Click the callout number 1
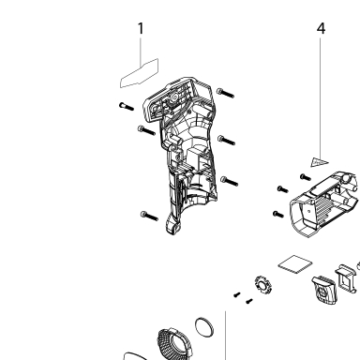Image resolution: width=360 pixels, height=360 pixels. point(141,28)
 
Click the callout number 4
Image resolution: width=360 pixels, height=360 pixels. point(321,28)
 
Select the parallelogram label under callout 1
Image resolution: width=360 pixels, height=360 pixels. point(140,73)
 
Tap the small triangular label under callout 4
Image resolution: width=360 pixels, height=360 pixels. point(319,162)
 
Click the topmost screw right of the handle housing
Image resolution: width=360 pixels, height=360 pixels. point(225,93)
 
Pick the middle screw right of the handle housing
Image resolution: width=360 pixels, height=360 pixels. point(226,141)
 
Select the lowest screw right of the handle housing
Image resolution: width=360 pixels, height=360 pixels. point(230,181)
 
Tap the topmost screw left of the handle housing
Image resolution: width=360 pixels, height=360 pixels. point(127,107)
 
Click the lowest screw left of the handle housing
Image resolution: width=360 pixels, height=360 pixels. point(149,216)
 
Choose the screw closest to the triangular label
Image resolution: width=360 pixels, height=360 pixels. point(306,177)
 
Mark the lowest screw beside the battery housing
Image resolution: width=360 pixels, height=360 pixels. point(278,215)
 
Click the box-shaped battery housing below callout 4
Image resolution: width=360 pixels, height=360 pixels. point(324,203)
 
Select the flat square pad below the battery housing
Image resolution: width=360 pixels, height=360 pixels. point(295,264)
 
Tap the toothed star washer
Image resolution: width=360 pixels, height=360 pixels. point(263,285)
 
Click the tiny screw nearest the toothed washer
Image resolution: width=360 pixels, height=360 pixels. point(249,301)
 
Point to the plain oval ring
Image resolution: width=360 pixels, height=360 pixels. point(204,327)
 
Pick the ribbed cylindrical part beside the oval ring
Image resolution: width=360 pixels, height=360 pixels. point(173,344)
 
